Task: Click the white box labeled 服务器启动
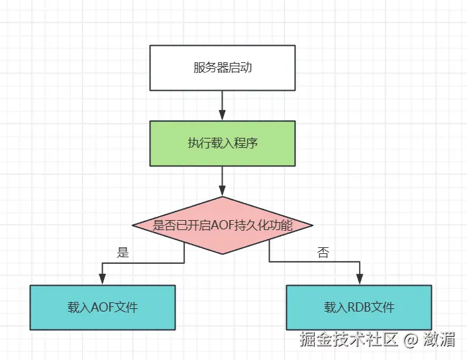[x=222, y=68]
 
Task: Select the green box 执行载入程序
[x=222, y=143]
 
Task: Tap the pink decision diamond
[x=222, y=225]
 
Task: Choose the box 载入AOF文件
[x=103, y=308]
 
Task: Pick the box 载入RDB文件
[x=359, y=308]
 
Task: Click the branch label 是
[x=123, y=252]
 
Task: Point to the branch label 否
[x=323, y=252]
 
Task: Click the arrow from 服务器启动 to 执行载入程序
[x=222, y=105]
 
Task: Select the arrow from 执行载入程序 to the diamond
[x=222, y=180]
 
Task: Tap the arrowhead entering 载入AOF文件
[x=103, y=279]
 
